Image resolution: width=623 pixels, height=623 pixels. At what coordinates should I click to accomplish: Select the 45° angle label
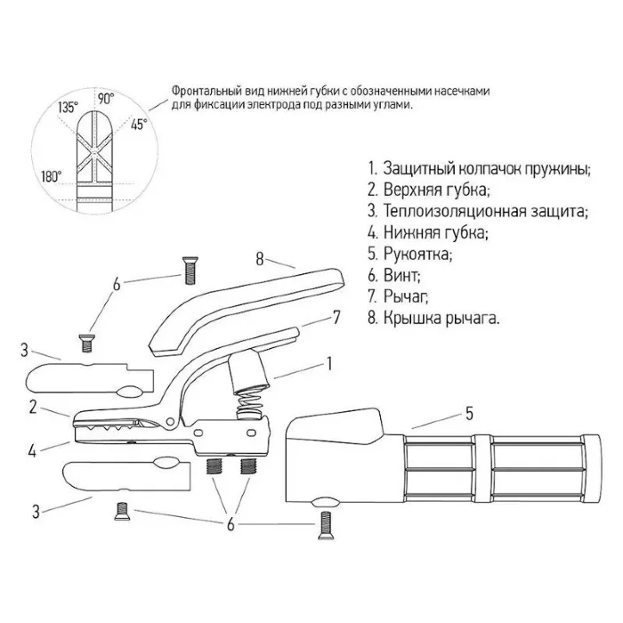139,125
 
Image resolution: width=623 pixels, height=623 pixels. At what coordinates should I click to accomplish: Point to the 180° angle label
51,175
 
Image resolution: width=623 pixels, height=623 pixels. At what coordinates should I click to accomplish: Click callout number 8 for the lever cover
260,260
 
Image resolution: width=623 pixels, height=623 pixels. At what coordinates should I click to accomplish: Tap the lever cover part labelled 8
240,303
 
